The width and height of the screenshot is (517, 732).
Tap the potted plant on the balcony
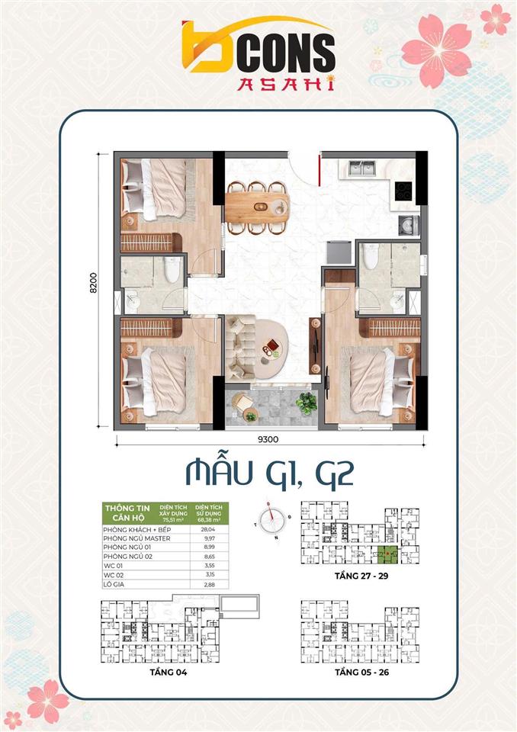coord(307,403)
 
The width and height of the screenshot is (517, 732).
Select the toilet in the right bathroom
coord(371,257)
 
